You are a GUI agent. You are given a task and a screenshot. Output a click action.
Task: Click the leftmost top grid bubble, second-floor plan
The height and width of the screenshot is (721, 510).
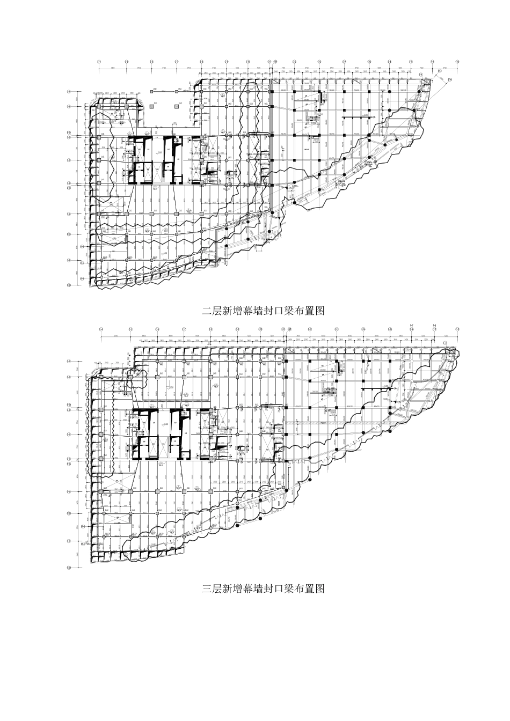pyautogui.click(x=99, y=62)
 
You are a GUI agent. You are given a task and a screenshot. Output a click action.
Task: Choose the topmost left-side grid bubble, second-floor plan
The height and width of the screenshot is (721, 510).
pyautogui.click(x=69, y=92)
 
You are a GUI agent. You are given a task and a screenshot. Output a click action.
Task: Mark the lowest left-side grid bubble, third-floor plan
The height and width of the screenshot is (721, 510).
pyautogui.click(x=69, y=567)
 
